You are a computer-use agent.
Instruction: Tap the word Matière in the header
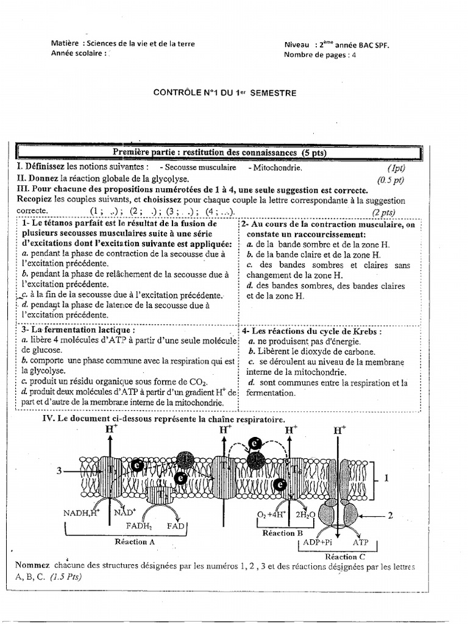65,44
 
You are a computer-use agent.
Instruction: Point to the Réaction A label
135,541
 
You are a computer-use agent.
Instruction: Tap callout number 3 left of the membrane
59,470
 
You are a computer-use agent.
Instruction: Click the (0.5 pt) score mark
391,180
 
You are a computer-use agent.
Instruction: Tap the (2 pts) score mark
384,211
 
